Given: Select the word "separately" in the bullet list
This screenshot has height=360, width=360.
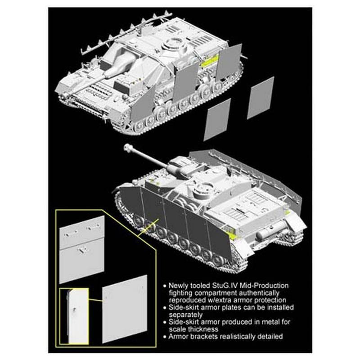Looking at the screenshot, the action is (186, 315).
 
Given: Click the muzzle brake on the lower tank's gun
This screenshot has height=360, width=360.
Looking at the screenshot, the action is (128, 148).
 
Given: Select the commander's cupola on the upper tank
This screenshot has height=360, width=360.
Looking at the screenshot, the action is (173, 45).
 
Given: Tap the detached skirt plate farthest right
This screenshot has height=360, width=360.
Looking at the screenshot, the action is (261, 98).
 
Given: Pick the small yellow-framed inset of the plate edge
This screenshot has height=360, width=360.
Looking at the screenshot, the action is (74, 317).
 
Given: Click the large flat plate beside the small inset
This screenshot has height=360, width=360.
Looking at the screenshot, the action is (125, 309).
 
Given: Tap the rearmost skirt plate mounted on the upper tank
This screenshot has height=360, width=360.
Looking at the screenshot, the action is (229, 63).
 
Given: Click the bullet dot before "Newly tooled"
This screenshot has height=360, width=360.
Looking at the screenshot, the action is (164, 286).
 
